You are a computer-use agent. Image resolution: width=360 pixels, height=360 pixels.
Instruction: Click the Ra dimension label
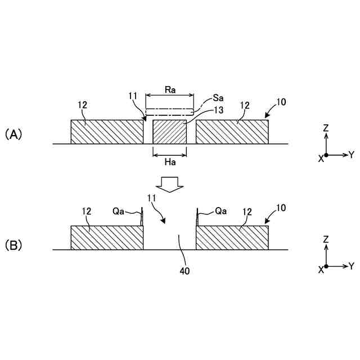(169, 88)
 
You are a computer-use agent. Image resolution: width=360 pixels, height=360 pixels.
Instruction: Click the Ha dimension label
(169, 163)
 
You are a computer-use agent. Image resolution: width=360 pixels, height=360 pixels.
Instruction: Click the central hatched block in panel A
(169, 132)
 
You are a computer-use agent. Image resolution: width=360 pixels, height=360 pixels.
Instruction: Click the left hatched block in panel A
(107, 132)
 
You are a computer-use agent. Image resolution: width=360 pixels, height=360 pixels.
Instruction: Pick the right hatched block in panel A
(232, 132)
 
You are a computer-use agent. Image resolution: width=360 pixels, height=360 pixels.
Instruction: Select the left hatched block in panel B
(107, 237)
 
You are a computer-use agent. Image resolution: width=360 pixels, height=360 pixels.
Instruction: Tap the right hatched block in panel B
(232, 237)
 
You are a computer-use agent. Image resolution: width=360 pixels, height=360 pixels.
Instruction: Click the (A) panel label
(13, 134)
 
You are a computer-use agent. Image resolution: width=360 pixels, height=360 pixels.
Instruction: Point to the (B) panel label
(13, 246)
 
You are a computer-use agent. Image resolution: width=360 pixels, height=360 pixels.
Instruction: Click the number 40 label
(184, 271)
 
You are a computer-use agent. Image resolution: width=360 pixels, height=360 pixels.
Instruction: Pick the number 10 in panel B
(281, 208)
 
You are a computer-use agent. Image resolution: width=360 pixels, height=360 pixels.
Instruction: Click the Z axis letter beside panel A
(326, 128)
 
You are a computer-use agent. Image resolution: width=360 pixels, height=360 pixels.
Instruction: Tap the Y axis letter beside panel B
(351, 265)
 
